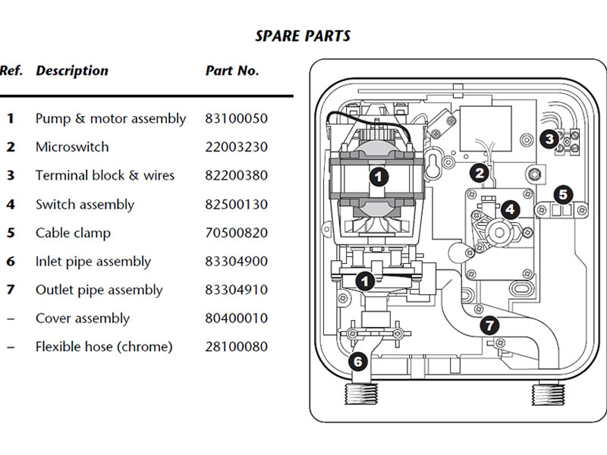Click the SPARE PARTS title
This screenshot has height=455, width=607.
pos(303,36)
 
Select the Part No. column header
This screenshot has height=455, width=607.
pos(232,71)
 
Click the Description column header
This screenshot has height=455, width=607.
pos(72,71)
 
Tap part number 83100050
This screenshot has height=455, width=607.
pos(236,118)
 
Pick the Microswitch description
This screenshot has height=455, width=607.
pos(72,147)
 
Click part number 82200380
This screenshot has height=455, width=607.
pos(236,175)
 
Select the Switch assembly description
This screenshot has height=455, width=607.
pos(85,204)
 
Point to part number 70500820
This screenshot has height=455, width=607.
pos(236,233)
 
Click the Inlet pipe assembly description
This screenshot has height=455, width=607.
pos(93,262)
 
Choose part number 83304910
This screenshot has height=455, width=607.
pos(236,290)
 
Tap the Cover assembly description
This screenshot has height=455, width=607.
pos(83,318)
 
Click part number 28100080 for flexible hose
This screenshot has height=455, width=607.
pos(236,347)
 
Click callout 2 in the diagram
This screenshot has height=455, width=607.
pos(480,173)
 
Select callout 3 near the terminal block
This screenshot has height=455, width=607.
pos(549,139)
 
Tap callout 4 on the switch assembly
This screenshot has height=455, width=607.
pos(510,209)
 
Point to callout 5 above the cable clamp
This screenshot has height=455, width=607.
pos(563,194)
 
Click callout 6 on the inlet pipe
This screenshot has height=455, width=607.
pos(357,362)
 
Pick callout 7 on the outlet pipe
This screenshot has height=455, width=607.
pos(489,325)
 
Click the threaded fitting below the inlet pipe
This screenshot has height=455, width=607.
pos(361,394)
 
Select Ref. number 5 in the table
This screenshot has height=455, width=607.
pos(11,233)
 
